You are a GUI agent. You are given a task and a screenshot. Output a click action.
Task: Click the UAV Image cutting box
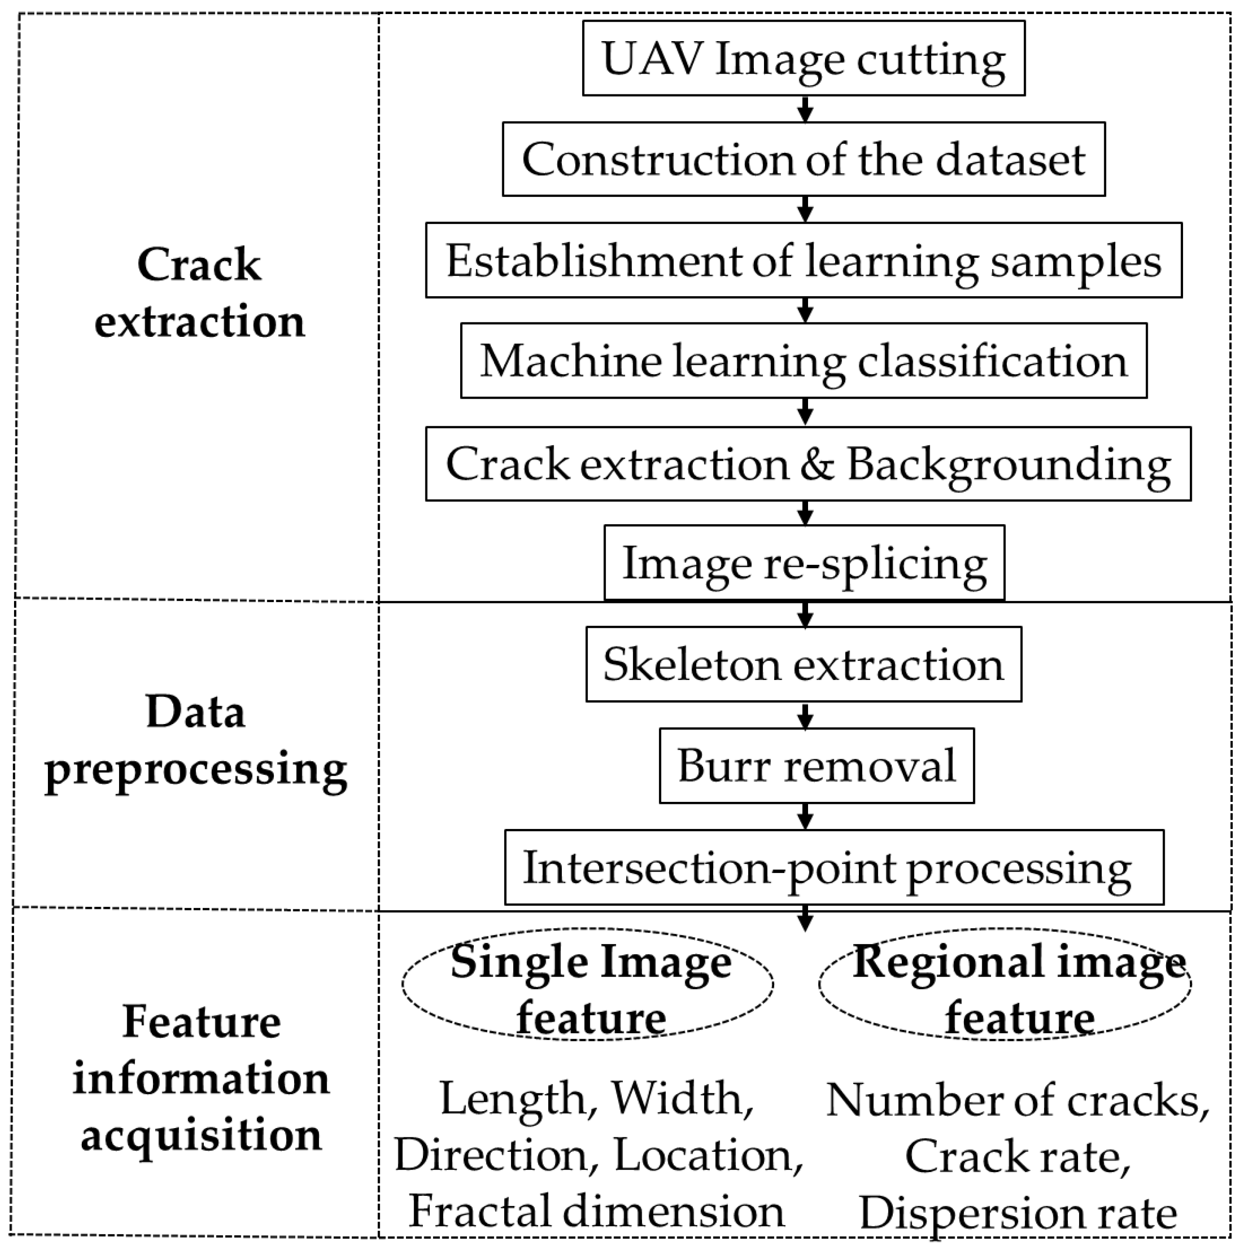[803, 58]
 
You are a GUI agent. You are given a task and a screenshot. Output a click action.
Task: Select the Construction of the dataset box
[803, 159]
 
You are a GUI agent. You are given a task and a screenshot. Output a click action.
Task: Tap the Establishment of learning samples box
[803, 260]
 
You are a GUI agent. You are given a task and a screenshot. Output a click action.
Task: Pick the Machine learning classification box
[803, 361]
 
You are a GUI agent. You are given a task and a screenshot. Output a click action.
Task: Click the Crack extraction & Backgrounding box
[808, 464]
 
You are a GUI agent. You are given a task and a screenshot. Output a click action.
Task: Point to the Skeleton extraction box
[803, 664]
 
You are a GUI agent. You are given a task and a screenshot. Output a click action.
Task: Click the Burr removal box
[816, 766]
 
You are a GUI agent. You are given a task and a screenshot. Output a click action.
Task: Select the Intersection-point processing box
[834, 868]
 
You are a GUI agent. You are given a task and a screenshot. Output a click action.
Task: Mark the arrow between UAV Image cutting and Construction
[805, 109]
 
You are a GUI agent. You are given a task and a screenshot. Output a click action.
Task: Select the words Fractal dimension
[596, 1211]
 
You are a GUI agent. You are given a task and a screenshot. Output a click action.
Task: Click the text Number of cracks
[1017, 1100]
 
